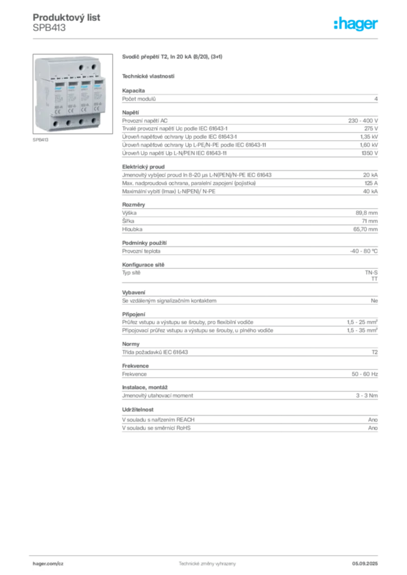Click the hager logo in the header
point(356,24)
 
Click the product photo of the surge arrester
point(73,94)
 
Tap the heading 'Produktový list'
point(66,17)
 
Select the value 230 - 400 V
point(363,121)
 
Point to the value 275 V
point(371,129)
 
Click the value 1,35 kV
point(369,137)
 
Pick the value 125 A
point(371,183)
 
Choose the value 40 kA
point(370,191)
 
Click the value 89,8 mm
point(367,213)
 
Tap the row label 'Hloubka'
point(132,229)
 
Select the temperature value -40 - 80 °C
point(364,251)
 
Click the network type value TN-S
point(371,272)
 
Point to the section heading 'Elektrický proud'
point(143,166)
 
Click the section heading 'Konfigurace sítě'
point(143,264)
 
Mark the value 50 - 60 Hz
point(364,374)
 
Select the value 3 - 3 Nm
point(367,395)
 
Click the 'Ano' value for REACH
point(373,419)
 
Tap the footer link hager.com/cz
point(48,564)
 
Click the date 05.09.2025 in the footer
point(365,564)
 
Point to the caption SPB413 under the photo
point(40,140)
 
